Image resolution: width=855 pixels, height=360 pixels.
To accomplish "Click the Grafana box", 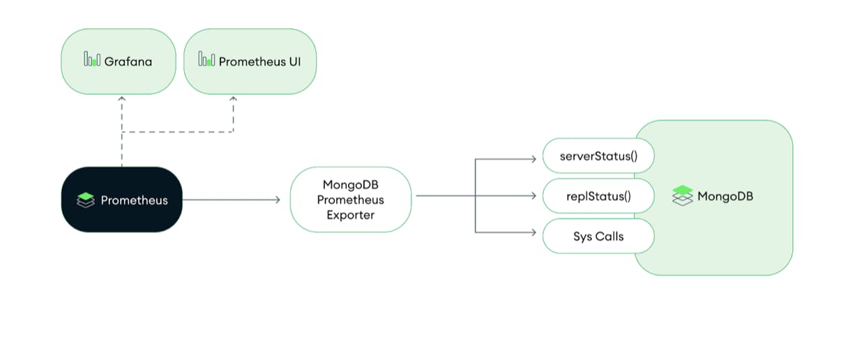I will pos(119,61).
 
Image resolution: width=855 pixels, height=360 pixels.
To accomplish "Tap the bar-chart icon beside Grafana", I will pos(92,60).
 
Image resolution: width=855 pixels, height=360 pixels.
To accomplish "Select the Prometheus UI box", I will pos(250,61).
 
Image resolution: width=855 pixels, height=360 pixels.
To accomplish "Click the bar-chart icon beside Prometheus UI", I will pos(206,60).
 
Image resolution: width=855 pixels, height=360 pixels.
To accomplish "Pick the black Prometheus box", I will pos(121,200).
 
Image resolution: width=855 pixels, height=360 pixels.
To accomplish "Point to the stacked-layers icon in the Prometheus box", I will pos(86,200).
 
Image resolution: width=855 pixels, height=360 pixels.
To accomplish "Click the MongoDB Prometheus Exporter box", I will pos(350,200).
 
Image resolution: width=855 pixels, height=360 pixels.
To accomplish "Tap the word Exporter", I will pos(350,215).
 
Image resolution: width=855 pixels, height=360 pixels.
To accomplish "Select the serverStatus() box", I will pos(598,156).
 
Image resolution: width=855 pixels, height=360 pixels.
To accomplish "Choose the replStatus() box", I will pos(598,196).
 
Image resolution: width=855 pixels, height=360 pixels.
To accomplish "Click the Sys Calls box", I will pos(598,237).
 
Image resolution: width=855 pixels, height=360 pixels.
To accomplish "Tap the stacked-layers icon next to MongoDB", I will pos(683,195).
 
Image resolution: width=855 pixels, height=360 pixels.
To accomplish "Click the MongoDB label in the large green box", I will pos(725,196).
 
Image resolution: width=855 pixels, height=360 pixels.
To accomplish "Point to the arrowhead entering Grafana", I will pos(122,100).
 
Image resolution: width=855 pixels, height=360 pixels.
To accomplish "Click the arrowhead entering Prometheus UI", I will pos(233,100).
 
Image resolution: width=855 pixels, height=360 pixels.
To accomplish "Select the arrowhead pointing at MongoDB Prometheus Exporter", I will pos(277,200).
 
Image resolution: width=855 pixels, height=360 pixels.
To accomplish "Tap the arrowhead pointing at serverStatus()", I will pos(533,160).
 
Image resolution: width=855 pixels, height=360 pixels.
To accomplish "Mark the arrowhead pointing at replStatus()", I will pos(533,196).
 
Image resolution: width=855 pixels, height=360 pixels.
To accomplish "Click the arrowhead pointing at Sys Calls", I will pos(533,232).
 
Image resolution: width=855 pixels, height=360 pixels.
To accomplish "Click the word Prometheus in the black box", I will pos(134,200).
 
